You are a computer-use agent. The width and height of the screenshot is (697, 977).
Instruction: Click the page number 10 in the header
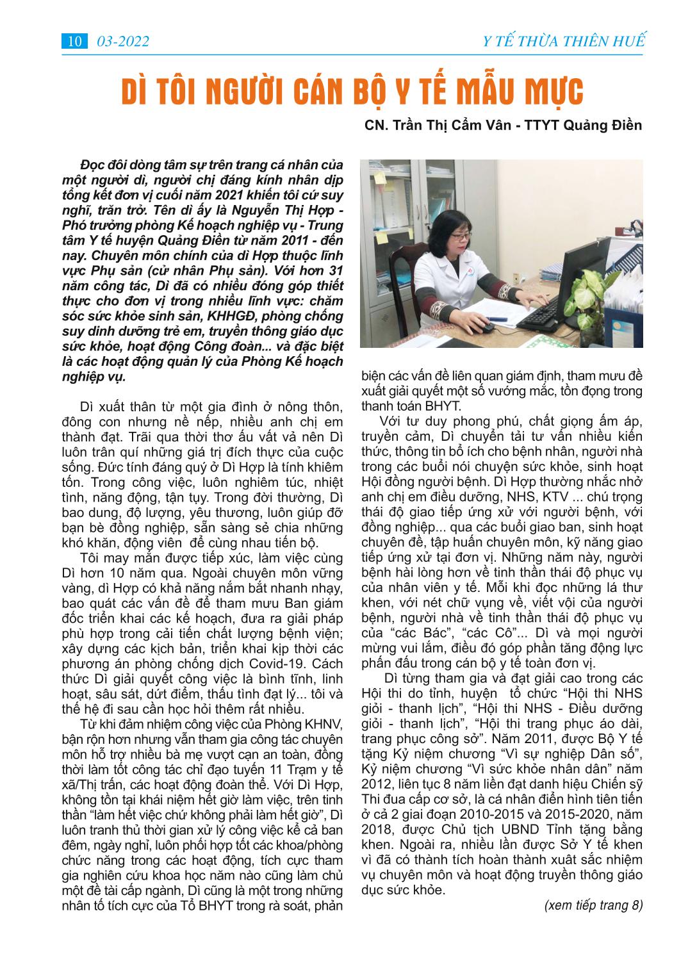(74, 42)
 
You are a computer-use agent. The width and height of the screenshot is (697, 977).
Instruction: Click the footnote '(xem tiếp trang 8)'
(593, 905)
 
